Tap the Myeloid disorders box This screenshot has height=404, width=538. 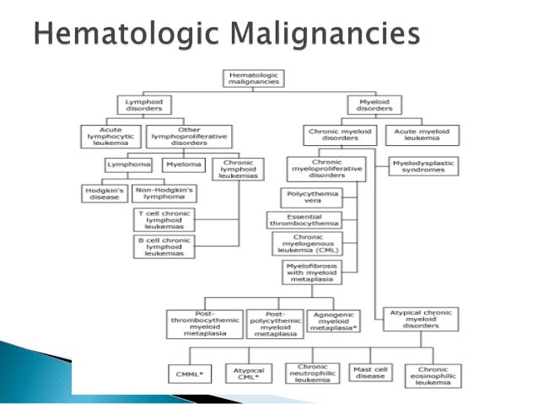(374, 106)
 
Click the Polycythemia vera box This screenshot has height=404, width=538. (311, 198)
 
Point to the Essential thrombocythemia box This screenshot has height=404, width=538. (311, 220)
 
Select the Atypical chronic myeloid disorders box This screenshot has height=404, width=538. (424, 321)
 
